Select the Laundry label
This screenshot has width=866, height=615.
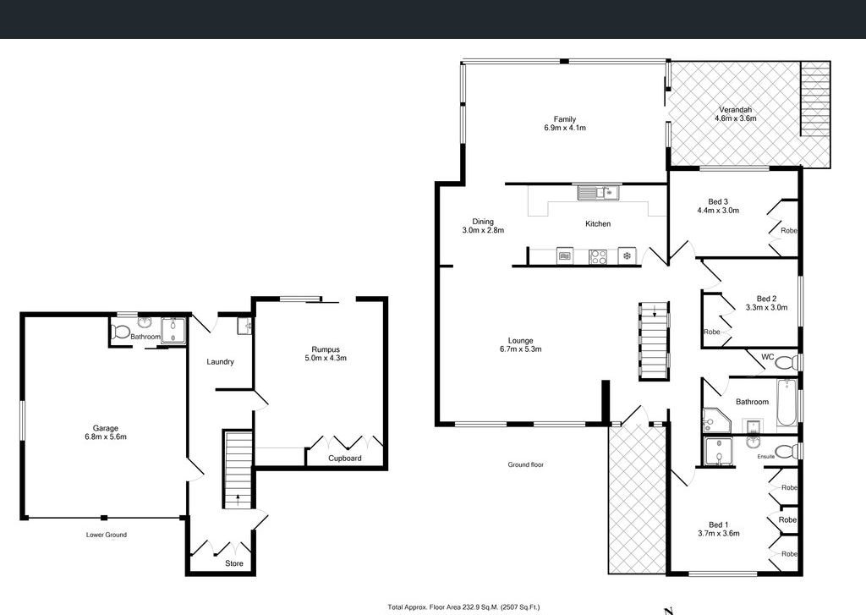point(220,362)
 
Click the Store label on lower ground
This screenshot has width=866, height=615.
point(233,563)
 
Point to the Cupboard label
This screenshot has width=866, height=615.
point(345,459)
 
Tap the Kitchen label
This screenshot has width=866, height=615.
point(598,224)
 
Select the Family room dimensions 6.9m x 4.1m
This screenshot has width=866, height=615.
point(565,129)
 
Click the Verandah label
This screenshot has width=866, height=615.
point(735,110)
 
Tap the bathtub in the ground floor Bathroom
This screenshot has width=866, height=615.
point(787,403)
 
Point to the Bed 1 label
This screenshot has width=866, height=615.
point(718,524)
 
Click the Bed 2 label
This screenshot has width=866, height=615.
point(766,299)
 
